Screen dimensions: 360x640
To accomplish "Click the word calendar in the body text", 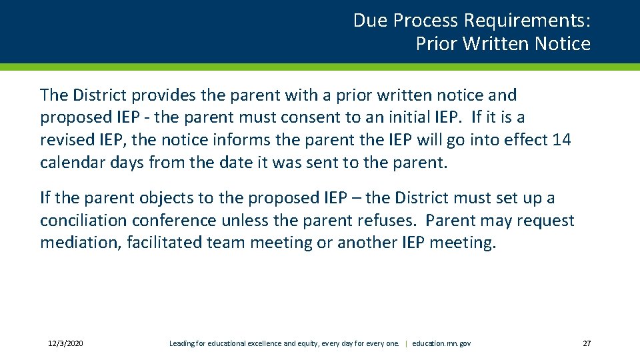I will (70, 163).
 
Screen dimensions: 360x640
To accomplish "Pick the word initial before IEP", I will (417, 117).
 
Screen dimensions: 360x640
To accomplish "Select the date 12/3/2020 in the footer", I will (65, 343).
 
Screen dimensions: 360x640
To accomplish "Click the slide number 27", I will (587, 343).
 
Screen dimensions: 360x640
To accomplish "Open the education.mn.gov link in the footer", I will (441, 343).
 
